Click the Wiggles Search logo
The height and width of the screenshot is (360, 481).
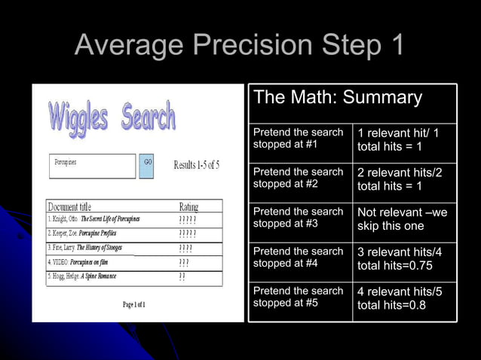[112, 118]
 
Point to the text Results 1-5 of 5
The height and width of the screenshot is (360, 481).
[197, 165]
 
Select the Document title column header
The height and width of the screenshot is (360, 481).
[69, 206]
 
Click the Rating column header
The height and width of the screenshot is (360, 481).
[189, 206]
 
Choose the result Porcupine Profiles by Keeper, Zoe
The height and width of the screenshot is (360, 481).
[94, 233]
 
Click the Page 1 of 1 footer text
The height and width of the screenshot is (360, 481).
[134, 304]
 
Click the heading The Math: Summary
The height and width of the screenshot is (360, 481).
[338, 98]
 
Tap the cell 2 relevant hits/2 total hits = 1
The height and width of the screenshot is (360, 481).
[400, 179]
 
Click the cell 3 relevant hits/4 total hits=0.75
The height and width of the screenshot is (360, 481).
[400, 258]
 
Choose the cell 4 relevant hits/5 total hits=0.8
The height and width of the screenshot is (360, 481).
[400, 297]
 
